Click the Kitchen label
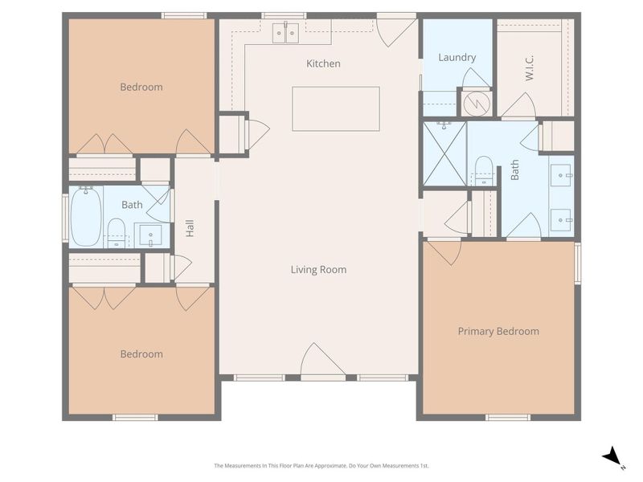323,63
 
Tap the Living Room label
318,270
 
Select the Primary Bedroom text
498,331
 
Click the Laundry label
457,57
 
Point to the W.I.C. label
530,68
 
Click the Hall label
190,228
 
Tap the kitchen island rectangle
336,109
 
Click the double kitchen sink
286,33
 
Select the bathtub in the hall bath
86,217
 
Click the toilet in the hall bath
116,233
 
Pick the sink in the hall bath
150,235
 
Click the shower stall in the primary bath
444,153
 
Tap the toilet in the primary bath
484,170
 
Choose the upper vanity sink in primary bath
560,175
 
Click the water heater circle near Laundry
477,103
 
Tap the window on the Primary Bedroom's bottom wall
508,417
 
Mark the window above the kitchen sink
284,15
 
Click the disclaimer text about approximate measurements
321,466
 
